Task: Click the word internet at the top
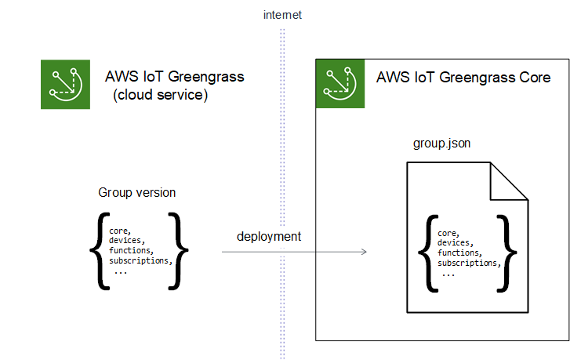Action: pyautogui.click(x=283, y=15)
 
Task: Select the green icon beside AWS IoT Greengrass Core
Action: pyautogui.click(x=341, y=85)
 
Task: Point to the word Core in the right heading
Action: pyautogui.click(x=533, y=78)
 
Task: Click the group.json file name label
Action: pyautogui.click(x=441, y=145)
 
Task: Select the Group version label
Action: pyautogui.click(x=137, y=193)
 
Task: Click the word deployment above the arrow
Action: pyautogui.click(x=269, y=236)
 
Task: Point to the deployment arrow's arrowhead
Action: pyautogui.click(x=364, y=252)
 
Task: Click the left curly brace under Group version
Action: pyautogui.click(x=97, y=250)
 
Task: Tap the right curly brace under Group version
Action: pyautogui.click(x=180, y=250)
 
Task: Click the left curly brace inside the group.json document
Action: pyautogui.click(x=426, y=253)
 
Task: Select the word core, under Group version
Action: pyautogui.click(x=120, y=231)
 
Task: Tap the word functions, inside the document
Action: pyautogui.click(x=459, y=253)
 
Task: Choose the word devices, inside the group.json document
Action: pyautogui.click(x=455, y=243)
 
